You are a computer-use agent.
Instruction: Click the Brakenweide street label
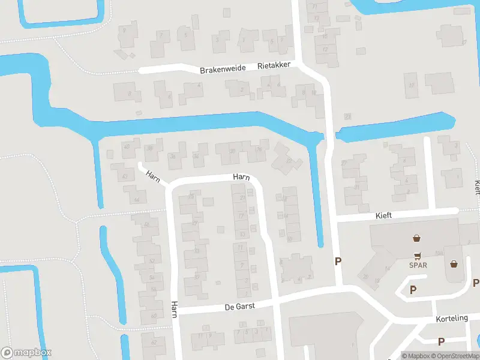[223, 70]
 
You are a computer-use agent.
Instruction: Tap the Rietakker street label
[274, 66]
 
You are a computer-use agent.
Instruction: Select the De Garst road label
[239, 306]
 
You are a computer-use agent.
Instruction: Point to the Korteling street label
[453, 318]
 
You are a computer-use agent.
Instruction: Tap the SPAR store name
[418, 265]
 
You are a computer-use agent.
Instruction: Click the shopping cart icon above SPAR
[418, 254]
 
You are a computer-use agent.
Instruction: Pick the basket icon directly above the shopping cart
[416, 238]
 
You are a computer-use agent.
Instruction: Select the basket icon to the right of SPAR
[454, 263]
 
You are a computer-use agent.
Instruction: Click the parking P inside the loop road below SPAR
[413, 290]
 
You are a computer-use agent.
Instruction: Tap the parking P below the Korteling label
[441, 341]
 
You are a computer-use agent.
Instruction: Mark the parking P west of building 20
[338, 261]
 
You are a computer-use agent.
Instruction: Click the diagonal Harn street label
[152, 178]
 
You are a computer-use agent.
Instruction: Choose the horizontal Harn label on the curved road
[241, 177]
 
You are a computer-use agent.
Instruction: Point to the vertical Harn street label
[173, 310]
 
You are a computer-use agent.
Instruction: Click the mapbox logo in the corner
[26, 352]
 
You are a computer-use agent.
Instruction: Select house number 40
[126, 146]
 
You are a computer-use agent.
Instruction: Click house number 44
[137, 200]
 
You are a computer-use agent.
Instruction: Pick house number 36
[173, 157]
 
